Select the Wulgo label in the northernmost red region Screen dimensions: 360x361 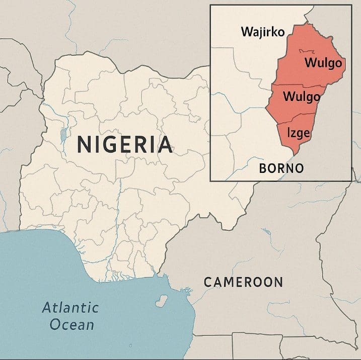[323, 63]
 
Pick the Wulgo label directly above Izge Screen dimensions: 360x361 [302, 97]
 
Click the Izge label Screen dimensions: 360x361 [298, 133]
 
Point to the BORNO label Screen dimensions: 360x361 [281, 168]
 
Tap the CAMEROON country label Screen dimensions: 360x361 [243, 282]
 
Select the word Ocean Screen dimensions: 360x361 [71, 324]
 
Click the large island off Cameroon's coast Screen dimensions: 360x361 [162, 301]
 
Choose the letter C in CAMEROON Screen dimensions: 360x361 [207, 282]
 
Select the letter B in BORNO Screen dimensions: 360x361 [263, 168]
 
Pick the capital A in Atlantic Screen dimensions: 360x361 [46, 307]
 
